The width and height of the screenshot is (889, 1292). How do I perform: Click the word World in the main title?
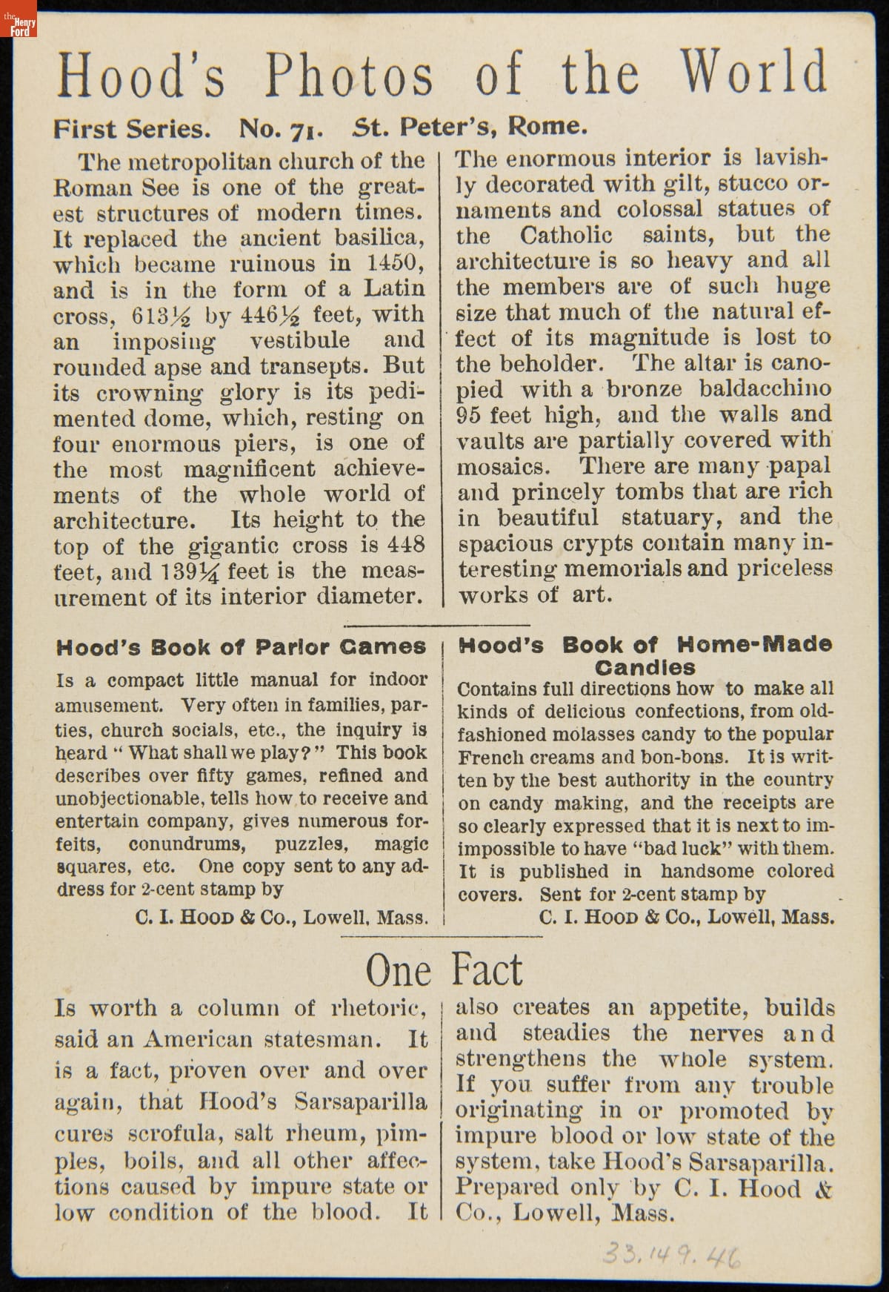click(753, 73)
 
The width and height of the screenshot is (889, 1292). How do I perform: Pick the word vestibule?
click(299, 340)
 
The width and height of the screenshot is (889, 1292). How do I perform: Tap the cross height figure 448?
click(406, 545)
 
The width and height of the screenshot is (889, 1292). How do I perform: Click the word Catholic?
click(566, 236)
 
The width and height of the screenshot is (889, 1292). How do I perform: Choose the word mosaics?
click(504, 467)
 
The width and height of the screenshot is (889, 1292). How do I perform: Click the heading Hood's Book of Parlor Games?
click(241, 647)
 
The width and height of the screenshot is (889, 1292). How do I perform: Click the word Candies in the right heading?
click(645, 666)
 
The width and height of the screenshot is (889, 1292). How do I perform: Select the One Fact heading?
click(444, 970)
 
